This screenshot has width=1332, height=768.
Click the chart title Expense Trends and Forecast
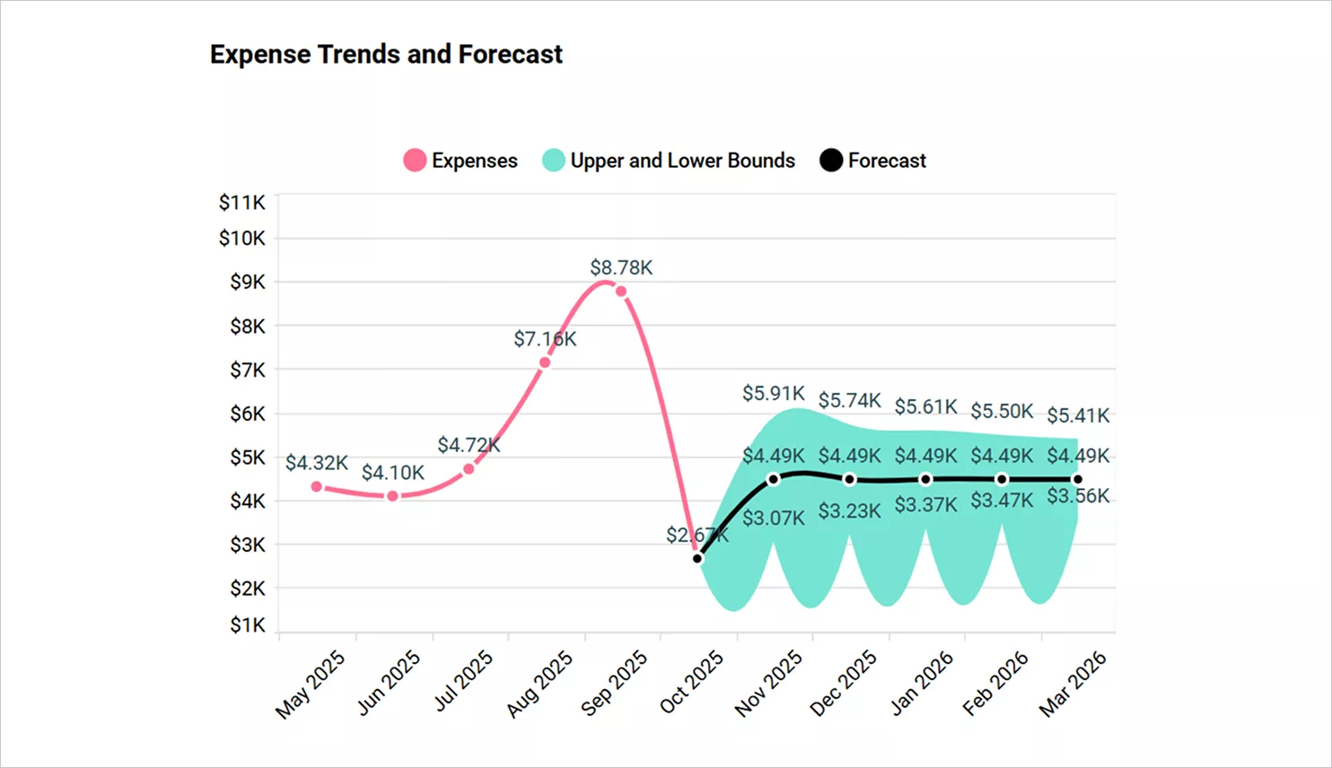click(386, 55)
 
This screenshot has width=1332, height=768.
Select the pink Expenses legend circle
click(415, 161)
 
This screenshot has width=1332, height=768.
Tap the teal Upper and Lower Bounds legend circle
click(554, 161)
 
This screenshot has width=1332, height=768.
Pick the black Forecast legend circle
click(831, 161)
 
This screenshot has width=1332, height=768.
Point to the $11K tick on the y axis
click(241, 203)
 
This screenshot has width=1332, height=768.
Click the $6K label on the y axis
click(247, 414)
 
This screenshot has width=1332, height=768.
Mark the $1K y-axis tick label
click(247, 624)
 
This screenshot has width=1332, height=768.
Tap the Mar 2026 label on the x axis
click(1073, 684)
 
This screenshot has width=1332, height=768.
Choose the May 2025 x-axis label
click(311, 684)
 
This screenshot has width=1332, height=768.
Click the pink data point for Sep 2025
click(621, 292)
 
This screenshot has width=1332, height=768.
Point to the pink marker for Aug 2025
click(545, 362)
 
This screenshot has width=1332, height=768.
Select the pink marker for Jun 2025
click(392, 496)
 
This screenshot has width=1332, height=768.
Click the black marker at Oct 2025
click(697, 559)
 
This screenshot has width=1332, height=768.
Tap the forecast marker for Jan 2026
click(925, 479)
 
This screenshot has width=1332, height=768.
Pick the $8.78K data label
click(621, 267)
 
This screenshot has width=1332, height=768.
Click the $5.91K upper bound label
click(773, 393)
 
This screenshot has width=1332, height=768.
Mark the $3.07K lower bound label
click(773, 519)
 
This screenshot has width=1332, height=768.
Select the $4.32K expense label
click(316, 463)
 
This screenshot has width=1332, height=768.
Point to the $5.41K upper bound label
click(1078, 415)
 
